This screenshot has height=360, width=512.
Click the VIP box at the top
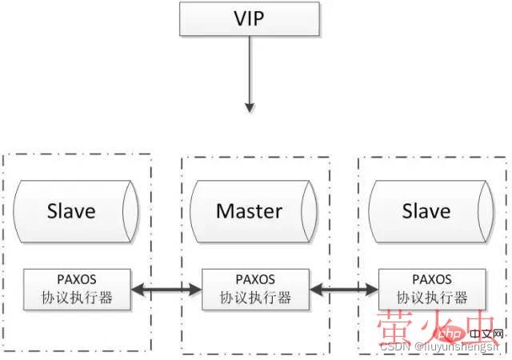(251, 18)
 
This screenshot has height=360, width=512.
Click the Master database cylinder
(249, 211)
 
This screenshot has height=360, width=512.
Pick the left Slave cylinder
(71, 211)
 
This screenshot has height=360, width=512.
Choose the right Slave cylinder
(426, 211)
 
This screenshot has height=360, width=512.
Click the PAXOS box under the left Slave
(78, 289)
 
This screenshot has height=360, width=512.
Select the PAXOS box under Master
(255, 289)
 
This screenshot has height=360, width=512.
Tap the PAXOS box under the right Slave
(433, 289)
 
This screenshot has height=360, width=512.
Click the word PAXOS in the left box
(78, 280)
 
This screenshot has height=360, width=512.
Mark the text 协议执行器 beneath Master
(255, 298)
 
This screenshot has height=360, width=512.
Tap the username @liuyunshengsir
(459, 347)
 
